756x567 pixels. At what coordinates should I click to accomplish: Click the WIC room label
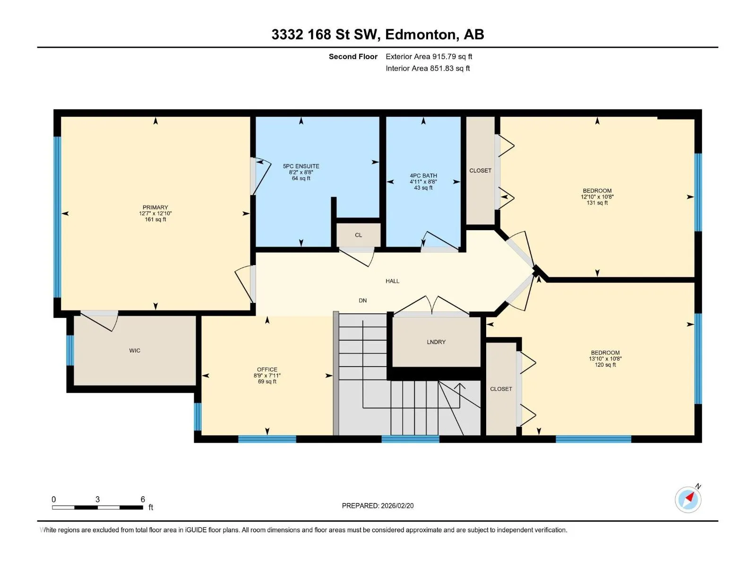[x=134, y=351]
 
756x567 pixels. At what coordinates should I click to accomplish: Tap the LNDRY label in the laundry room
[x=436, y=342]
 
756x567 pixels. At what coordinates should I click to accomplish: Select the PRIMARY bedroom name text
[x=155, y=207]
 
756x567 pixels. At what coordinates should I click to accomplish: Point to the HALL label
[x=392, y=281]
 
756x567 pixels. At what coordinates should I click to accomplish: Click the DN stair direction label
[x=363, y=301]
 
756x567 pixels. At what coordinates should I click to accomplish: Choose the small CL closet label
[x=359, y=235]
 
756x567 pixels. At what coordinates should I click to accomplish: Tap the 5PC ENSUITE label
[x=301, y=166]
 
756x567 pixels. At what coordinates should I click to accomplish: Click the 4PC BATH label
[x=423, y=176]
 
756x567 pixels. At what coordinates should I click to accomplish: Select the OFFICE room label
[x=267, y=369]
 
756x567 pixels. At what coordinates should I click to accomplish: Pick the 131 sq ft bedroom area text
[x=597, y=203]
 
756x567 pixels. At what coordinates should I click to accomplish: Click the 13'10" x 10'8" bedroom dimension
[x=605, y=358]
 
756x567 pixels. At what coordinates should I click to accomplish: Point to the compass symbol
[x=688, y=499]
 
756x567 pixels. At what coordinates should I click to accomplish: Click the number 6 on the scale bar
[x=143, y=499]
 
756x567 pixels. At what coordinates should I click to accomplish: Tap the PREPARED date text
[x=378, y=506]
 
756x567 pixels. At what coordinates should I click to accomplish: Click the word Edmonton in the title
[x=422, y=34]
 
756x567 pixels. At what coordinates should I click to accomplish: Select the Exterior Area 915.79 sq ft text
[x=429, y=56]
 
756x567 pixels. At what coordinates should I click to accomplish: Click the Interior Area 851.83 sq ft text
[x=428, y=68]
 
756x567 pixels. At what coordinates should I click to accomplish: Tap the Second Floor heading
[x=353, y=56]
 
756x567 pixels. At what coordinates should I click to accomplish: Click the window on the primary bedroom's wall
[x=57, y=217]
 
